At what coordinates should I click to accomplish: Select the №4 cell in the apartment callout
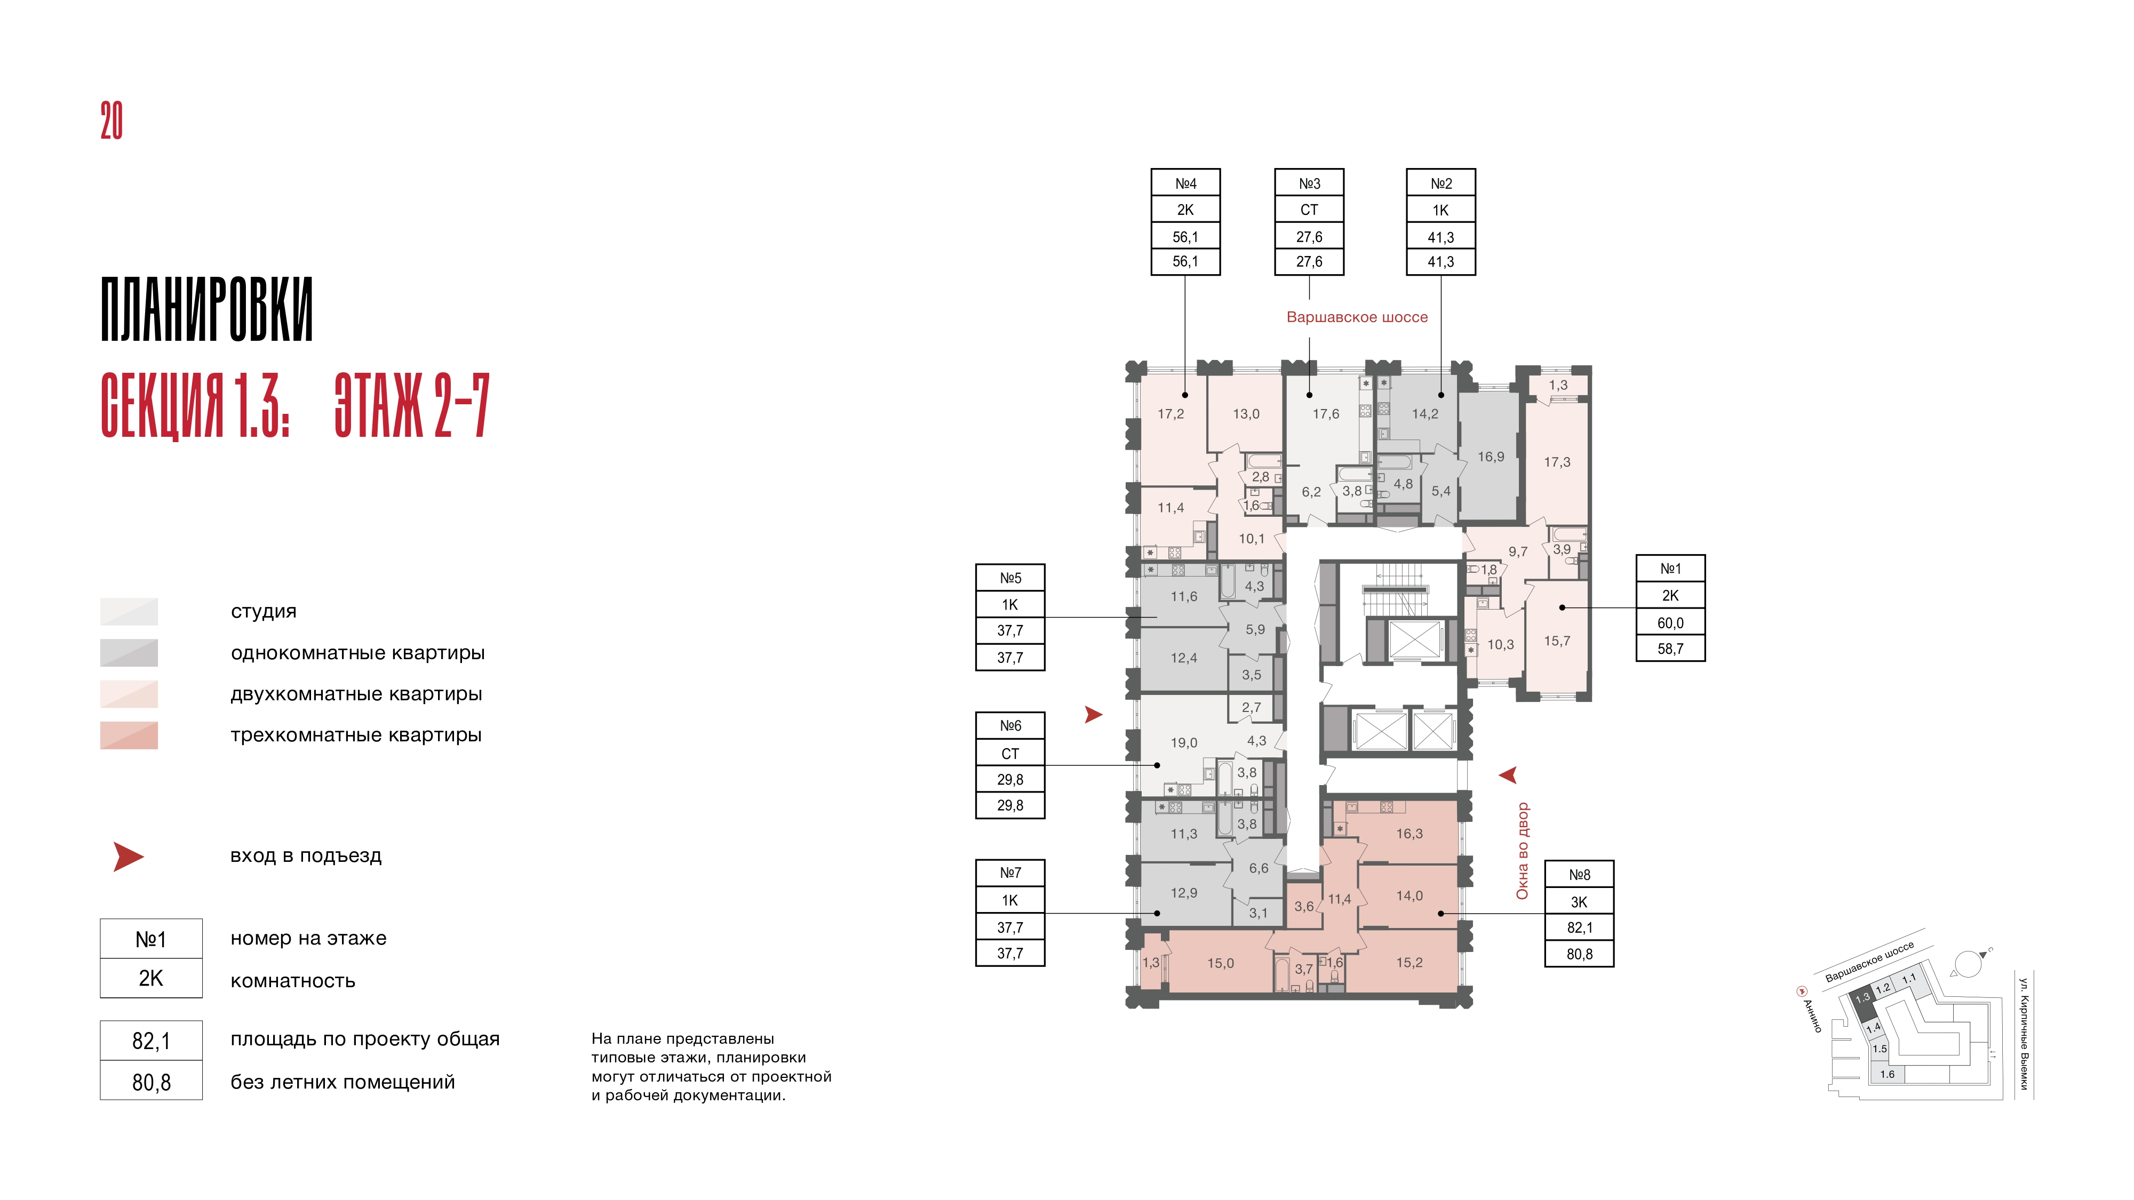pyautogui.click(x=1185, y=183)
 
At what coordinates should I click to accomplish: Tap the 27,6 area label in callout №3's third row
pyautogui.click(x=1309, y=237)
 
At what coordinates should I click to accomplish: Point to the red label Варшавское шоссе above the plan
pyautogui.click(x=1357, y=317)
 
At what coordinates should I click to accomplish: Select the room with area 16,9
pyautogui.click(x=1490, y=457)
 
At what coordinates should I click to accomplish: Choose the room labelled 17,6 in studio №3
pyautogui.click(x=1325, y=414)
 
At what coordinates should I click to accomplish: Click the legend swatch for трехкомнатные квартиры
pyautogui.click(x=129, y=735)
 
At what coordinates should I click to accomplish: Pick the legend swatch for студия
pyautogui.click(x=129, y=611)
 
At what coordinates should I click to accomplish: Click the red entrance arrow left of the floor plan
pyautogui.click(x=1094, y=715)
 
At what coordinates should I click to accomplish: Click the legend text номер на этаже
pyautogui.click(x=308, y=938)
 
